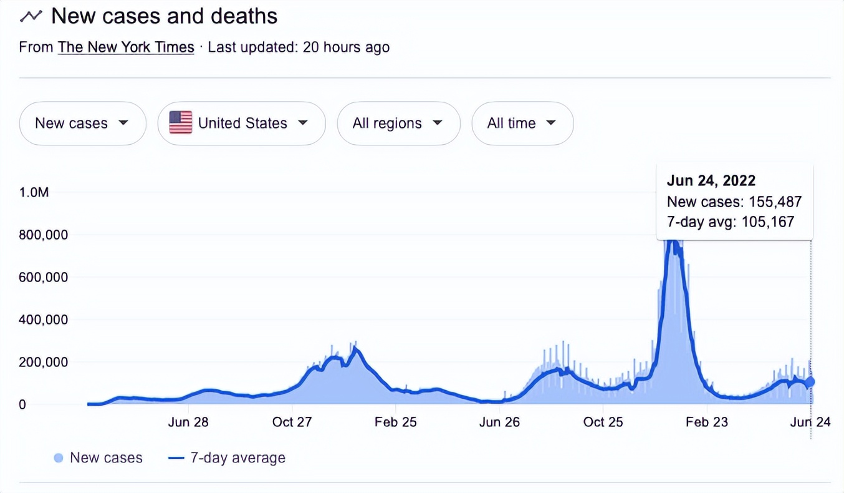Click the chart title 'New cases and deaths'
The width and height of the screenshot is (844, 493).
[164, 16]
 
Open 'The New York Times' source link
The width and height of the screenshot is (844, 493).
[126, 47]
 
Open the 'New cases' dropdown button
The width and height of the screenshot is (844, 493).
[82, 124]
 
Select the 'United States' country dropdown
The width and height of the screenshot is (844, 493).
[242, 124]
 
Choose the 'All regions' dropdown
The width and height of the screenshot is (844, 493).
[398, 124]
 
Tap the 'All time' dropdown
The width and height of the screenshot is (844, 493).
[522, 124]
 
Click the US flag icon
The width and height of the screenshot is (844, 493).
[181, 123]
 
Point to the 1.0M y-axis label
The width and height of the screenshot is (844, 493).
[34, 193]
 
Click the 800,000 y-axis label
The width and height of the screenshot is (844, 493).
[43, 235]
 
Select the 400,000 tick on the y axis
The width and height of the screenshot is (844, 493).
[43, 320]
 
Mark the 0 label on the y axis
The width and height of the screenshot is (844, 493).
[22, 404]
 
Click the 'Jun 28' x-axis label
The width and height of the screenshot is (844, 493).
[188, 422]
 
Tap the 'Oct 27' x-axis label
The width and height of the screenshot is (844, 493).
[292, 422]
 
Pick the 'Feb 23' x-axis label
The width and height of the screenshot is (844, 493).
[706, 422]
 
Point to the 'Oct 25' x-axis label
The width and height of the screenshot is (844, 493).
[603, 422]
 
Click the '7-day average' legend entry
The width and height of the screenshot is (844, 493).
[237, 458]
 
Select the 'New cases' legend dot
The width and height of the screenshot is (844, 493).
[59, 459]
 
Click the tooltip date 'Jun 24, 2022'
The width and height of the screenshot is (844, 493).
[711, 181]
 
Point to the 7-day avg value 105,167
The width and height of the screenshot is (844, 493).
[767, 222]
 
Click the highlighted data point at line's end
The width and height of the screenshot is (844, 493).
[810, 382]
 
